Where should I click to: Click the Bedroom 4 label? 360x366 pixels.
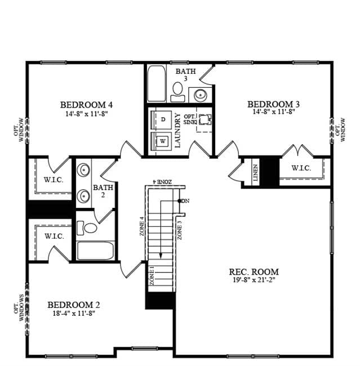click(x=86, y=105)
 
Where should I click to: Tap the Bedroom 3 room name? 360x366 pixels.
click(x=274, y=104)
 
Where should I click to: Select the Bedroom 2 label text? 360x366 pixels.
click(x=74, y=305)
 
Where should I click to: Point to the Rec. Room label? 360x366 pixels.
click(x=254, y=272)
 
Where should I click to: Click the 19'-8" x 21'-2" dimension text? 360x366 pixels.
click(x=254, y=280)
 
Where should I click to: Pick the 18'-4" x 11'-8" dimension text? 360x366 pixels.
click(x=74, y=313)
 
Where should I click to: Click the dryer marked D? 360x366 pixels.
click(x=163, y=120)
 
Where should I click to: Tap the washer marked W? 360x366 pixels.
click(x=162, y=141)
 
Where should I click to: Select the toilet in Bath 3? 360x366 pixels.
click(x=178, y=92)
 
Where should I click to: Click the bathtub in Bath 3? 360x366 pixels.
click(x=157, y=83)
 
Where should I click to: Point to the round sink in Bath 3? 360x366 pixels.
click(x=201, y=95)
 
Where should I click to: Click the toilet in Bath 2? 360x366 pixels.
click(x=87, y=228)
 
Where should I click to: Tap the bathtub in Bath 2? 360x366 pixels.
click(x=95, y=251)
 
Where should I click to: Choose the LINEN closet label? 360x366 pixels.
click(x=256, y=173)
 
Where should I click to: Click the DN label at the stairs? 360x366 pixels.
click(x=185, y=201)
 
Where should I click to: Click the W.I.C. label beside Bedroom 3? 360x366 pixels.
click(x=301, y=168)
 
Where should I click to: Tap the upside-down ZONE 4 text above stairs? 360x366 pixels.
click(x=162, y=182)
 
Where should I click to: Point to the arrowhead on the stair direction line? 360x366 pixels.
click(x=161, y=256)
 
